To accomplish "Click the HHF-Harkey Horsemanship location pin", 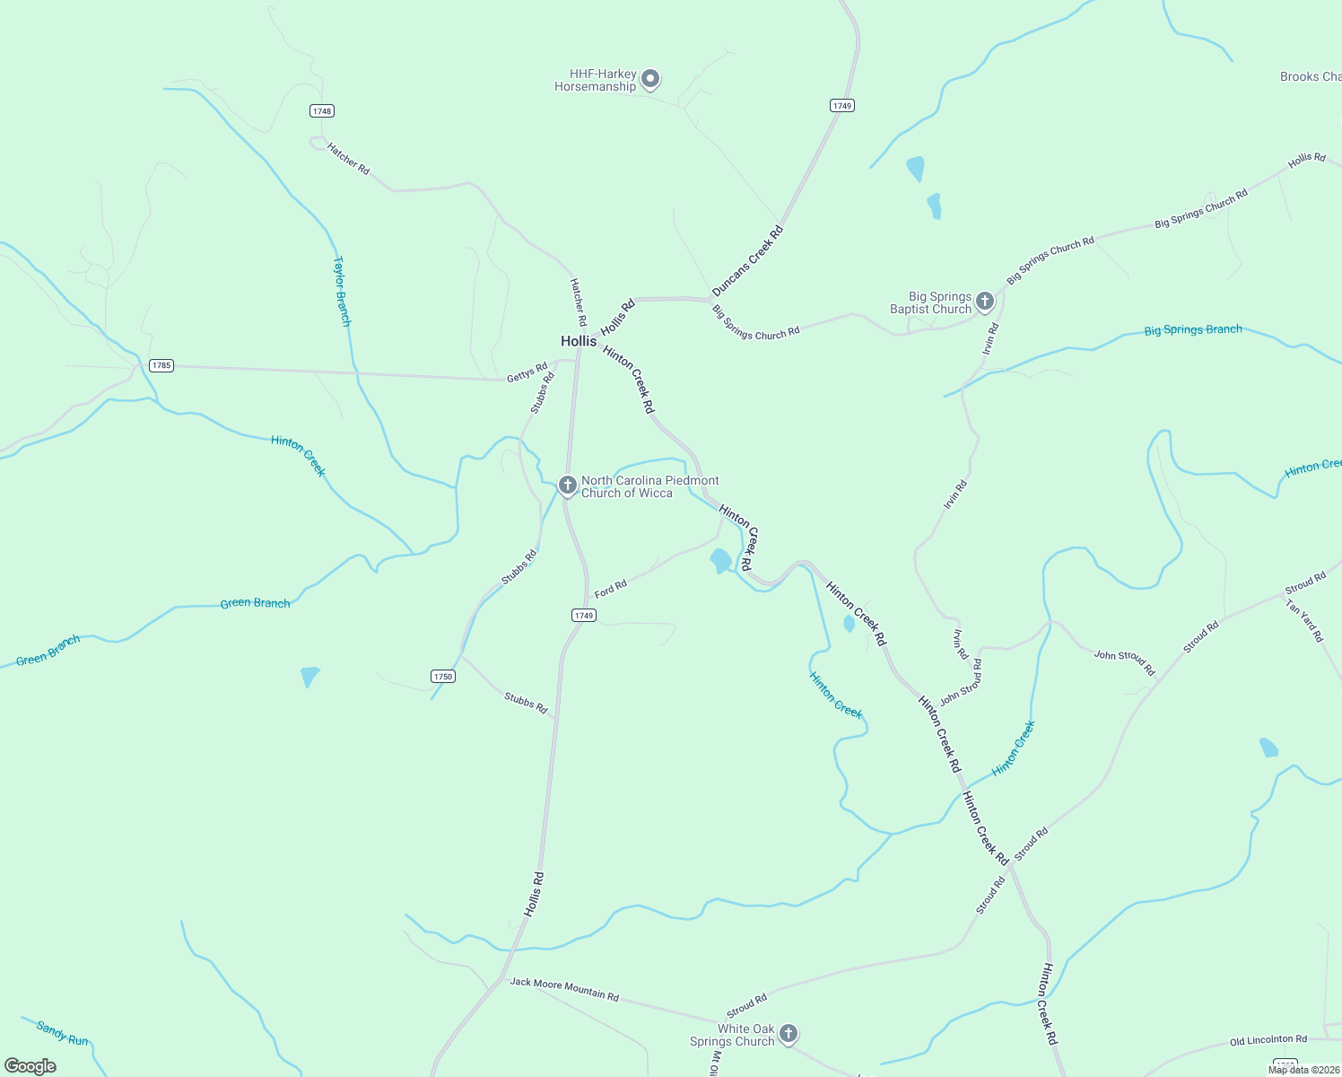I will coord(651,79).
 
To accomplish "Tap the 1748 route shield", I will coord(321,111).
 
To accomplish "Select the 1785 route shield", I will coord(161,365).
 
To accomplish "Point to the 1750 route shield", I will coord(443,676).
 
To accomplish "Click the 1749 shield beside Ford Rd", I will coord(583,616).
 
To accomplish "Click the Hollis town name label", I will coord(579,341).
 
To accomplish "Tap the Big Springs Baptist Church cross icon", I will coord(985,302).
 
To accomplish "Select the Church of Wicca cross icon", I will coord(567,486).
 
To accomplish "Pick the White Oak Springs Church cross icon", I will coord(789,1034).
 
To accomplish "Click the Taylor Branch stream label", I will coord(342,291).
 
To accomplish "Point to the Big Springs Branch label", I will coord(1193,330).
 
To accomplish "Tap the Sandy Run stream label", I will coord(63,1033).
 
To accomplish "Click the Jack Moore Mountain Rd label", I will coord(564,989).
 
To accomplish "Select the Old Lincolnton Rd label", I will coord(1268,1041).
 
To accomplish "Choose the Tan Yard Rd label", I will coord(1304,621).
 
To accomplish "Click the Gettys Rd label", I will coord(527,372).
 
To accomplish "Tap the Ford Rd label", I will coord(611,589).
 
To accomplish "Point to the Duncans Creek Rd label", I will coord(748,261).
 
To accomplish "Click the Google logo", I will coord(30,1066).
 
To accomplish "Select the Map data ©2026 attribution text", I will coord(1303,1070).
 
